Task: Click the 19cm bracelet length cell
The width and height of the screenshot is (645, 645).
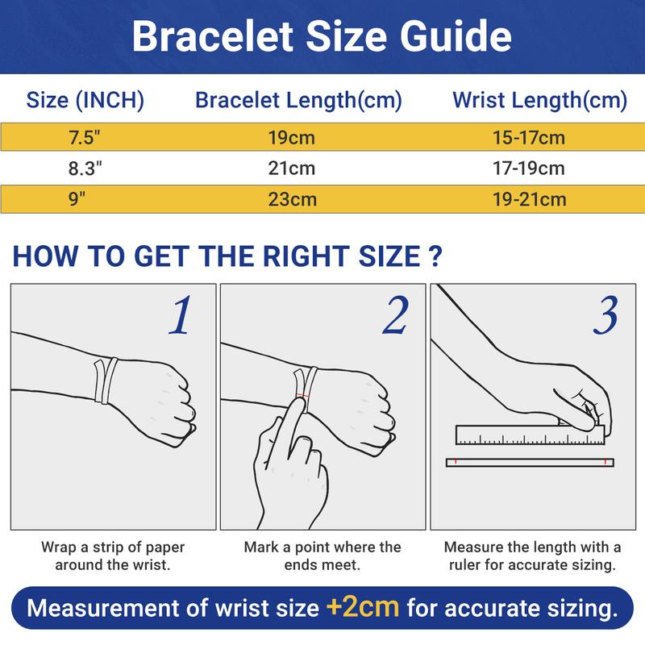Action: (292, 138)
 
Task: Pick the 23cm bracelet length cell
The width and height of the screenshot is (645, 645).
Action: (292, 199)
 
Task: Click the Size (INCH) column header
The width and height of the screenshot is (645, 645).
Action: (85, 101)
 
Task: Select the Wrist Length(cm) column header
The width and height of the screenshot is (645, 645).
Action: (539, 101)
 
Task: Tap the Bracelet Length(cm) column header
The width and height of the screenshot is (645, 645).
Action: (298, 101)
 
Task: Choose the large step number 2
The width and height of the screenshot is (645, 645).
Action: (394, 316)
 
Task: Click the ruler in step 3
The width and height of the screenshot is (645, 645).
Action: (529, 436)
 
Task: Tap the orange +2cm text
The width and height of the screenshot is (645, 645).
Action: (363, 605)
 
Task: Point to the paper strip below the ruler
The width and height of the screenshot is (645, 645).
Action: (529, 462)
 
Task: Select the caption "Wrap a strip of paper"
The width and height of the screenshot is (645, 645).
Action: (113, 547)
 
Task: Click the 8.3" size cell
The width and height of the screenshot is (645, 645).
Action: (85, 169)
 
